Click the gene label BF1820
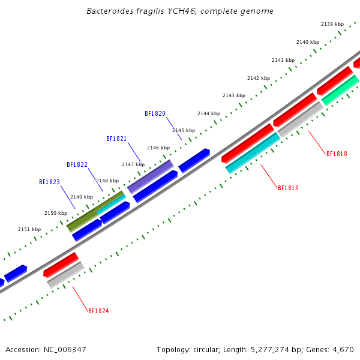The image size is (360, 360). pos(155,113)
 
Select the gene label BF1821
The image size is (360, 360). pos(116,139)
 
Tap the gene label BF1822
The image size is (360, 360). pos(77,164)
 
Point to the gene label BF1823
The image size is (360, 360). pos(49,182)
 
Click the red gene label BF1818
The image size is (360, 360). pos(337,154)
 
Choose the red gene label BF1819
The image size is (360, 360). pos(288,188)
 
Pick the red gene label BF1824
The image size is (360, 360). pos(98,311)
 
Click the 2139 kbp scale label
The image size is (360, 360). pos(332,24)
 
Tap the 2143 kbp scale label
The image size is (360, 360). pos(234,95)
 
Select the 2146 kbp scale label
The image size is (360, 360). pos(158,148)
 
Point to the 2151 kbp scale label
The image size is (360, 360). pos(29,229)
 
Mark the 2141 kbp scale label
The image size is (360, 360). pos(283,60)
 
